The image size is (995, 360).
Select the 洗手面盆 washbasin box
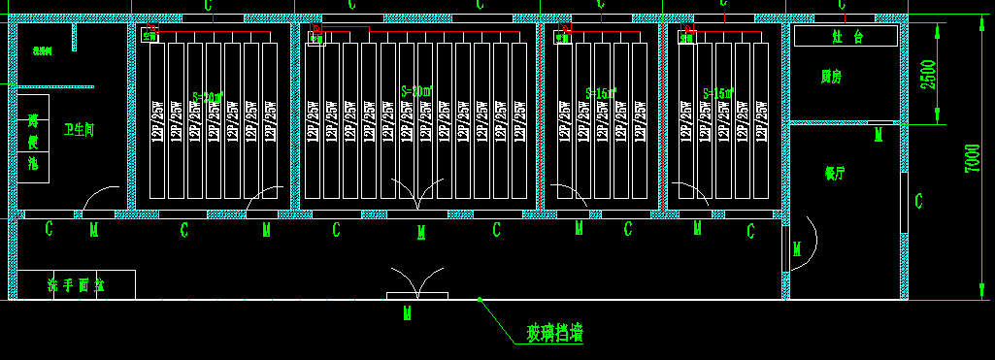(76, 285)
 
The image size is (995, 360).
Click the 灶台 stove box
(846, 37)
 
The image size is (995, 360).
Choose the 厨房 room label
(831, 75)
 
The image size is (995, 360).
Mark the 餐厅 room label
(835, 174)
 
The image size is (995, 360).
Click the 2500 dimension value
(928, 74)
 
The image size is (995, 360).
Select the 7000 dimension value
(972, 158)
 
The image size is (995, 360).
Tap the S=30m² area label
(415, 91)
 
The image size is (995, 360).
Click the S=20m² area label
(208, 97)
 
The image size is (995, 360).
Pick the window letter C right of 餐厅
(918, 201)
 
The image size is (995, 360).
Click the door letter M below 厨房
(879, 133)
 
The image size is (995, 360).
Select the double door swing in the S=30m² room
(417, 194)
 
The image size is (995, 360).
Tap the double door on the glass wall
(417, 285)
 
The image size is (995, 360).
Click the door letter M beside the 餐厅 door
(797, 250)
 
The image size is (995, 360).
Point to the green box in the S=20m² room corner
(149, 36)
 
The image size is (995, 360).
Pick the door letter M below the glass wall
(409, 312)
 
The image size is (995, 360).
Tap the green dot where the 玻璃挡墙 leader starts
(480, 300)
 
